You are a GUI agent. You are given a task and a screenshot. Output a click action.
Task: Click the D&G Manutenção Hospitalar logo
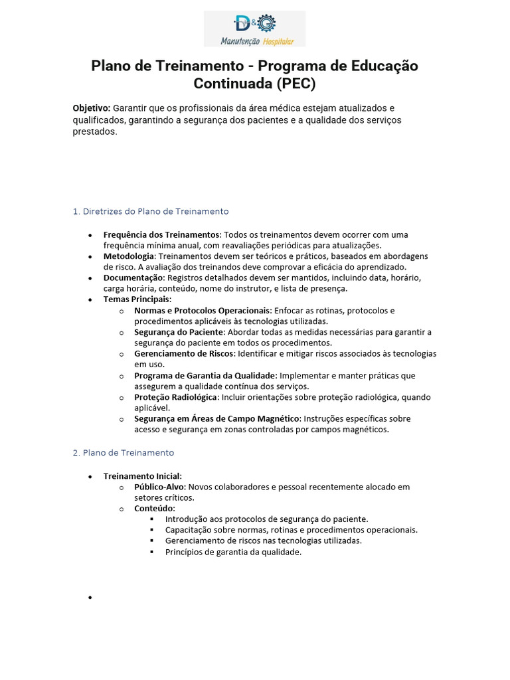coord(254,29)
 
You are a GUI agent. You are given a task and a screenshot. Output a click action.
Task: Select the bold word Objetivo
coord(91,108)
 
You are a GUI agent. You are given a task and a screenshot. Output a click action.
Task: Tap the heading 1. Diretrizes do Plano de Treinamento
coord(150,211)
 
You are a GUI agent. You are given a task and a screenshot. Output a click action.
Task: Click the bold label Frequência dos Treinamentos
coord(161,234)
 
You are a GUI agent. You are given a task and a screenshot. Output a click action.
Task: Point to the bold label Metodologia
coord(129,256)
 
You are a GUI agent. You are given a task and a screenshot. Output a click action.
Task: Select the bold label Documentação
coord(133,278)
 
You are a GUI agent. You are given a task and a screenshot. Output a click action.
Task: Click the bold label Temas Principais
coord(137,299)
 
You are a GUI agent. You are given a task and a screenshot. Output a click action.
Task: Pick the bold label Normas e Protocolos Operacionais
coord(203,310)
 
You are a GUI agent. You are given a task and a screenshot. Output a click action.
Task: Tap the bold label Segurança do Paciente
coord(179,332)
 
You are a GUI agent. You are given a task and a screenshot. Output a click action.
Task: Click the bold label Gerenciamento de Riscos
coord(184,353)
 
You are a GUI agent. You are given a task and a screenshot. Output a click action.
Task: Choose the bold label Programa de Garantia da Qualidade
coord(205,375)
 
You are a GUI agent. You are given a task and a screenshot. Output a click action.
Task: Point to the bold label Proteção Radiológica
coord(175,397)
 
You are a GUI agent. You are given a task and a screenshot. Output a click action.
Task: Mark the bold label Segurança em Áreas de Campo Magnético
coord(217,418)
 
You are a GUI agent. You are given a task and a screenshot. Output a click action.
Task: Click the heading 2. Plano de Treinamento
coord(123,452)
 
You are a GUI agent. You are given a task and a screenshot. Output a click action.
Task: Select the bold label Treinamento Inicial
coord(142,475)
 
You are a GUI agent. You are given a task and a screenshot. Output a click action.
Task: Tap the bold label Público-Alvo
coord(159,487)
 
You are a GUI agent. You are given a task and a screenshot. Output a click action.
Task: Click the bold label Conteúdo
coord(154,508)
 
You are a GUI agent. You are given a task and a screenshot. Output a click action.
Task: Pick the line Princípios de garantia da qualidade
coord(233,551)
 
